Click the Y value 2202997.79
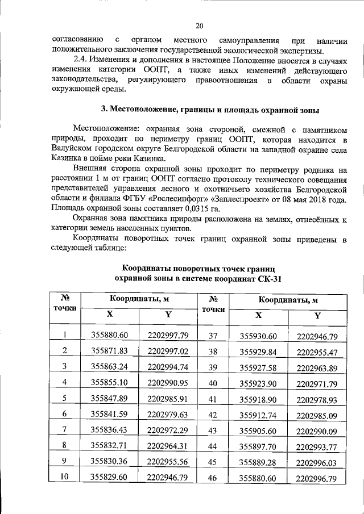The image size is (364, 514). pyautogui.click(x=167, y=335)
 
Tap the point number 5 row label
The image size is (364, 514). pyautogui.click(x=65, y=398)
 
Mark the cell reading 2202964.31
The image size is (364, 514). pyautogui.click(x=167, y=445)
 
